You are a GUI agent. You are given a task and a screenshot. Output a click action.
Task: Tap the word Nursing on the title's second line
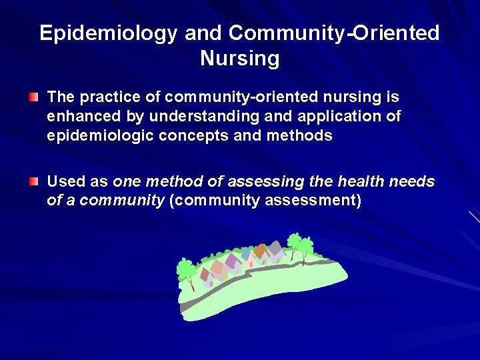pyautogui.click(x=239, y=59)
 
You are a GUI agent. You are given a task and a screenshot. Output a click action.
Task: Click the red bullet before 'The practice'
pyautogui.click(x=34, y=98)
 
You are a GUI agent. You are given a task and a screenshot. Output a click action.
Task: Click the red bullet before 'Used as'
pyautogui.click(x=34, y=182)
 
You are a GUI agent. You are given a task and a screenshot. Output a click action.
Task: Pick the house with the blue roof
pyautogui.click(x=246, y=254)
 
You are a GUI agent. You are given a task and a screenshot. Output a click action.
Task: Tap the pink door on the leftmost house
pyautogui.click(x=211, y=283)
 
